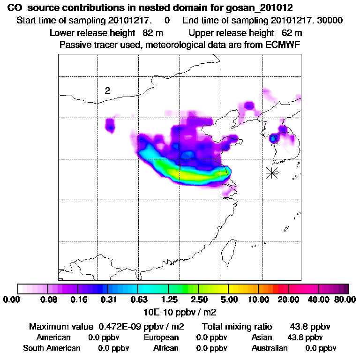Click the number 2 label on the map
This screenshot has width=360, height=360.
107,91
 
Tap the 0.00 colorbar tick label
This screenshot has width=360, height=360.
13,300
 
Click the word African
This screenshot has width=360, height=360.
165,348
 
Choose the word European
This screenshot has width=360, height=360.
161,337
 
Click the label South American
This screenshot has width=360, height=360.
52,348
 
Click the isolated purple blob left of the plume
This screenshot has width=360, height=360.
110,126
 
